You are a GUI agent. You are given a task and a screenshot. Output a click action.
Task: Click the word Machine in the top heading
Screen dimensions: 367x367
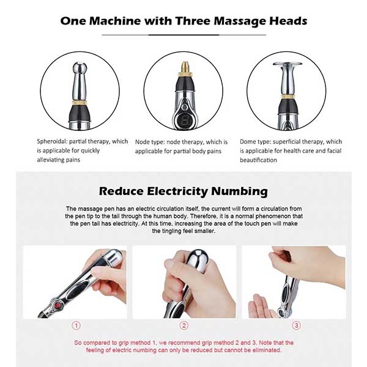(115, 21)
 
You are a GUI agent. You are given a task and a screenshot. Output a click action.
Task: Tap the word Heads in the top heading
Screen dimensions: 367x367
(288, 21)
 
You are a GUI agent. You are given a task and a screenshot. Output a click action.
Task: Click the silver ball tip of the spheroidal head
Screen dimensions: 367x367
(80, 67)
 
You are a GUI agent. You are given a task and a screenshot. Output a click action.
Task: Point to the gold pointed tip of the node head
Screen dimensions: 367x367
(185, 67)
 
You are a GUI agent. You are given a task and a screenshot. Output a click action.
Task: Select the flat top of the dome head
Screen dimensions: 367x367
(287, 64)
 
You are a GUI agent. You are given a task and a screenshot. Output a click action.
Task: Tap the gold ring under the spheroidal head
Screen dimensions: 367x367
(80, 103)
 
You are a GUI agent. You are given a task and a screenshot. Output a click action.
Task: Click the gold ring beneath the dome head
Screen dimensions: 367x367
(287, 97)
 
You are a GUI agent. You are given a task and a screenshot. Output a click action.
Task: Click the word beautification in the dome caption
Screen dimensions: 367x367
(258, 160)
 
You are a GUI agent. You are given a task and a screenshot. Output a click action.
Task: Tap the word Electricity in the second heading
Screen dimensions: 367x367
(177, 191)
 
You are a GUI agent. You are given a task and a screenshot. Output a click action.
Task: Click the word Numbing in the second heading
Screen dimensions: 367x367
(239, 191)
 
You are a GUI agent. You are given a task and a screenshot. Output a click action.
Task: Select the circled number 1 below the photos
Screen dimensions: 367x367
(76, 325)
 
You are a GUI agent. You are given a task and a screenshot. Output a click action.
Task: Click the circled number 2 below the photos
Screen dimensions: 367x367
(184, 325)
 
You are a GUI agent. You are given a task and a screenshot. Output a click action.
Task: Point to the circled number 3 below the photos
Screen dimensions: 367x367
(296, 325)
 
